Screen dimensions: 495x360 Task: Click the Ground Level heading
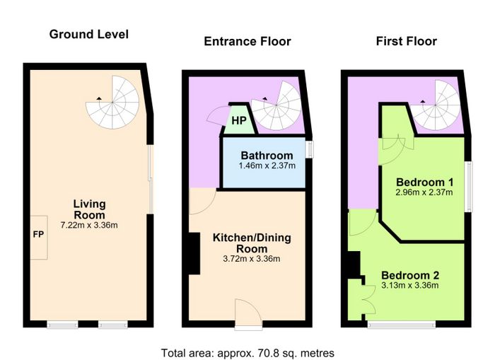pyautogui.click(x=88, y=35)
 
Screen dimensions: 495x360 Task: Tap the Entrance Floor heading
pyautogui.click(x=248, y=41)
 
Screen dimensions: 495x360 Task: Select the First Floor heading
pyautogui.click(x=407, y=41)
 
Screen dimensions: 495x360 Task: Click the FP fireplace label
pyautogui.click(x=38, y=234)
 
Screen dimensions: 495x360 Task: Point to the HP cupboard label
pyautogui.click(x=239, y=120)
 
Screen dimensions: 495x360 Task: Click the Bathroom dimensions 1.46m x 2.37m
pyautogui.click(x=267, y=166)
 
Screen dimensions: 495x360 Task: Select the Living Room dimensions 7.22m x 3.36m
pyautogui.click(x=89, y=225)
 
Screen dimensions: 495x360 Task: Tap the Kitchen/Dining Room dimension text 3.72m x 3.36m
pyautogui.click(x=252, y=259)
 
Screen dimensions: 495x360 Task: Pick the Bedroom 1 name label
pyautogui.click(x=424, y=182)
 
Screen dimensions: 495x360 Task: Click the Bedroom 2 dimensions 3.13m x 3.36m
pyautogui.click(x=410, y=286)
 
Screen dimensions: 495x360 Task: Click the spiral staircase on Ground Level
pyautogui.click(x=112, y=103)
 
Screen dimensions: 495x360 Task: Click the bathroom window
pyautogui.click(x=310, y=149)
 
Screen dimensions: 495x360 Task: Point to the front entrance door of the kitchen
pyautogui.click(x=248, y=315)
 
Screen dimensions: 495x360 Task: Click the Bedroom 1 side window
pyautogui.click(x=470, y=187)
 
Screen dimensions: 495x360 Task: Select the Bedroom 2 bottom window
pyautogui.click(x=402, y=325)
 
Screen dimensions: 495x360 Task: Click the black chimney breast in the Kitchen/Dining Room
pyautogui.click(x=194, y=253)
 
